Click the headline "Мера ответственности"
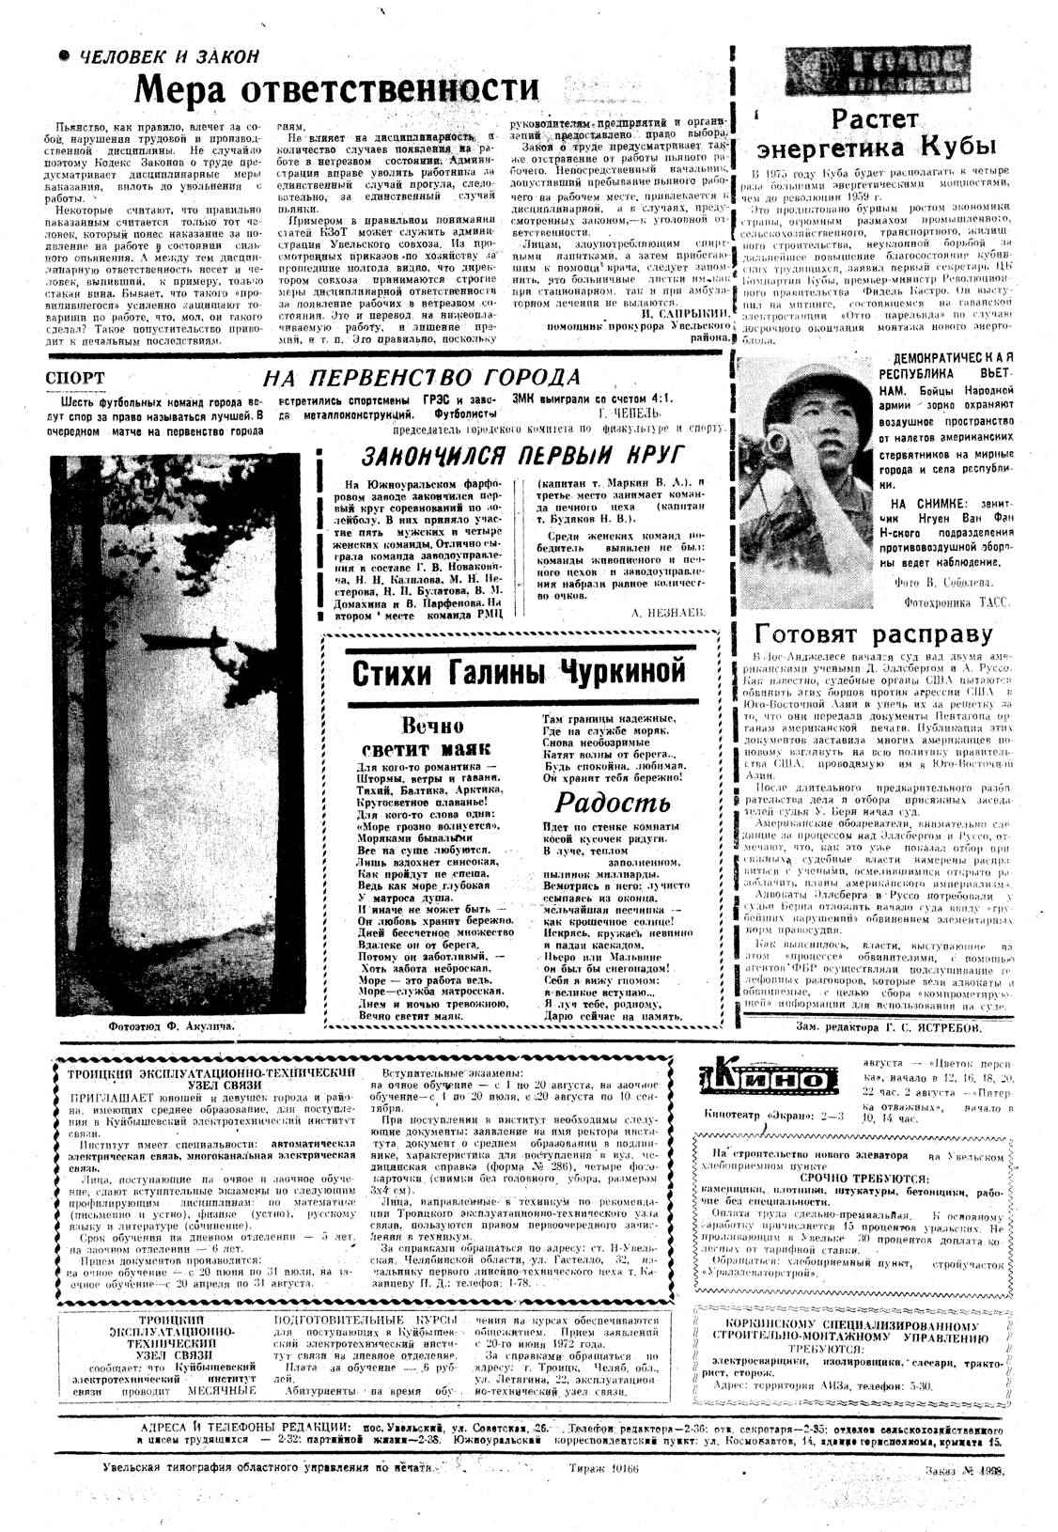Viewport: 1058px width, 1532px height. tap(337, 90)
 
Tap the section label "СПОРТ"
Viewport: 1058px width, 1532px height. tap(74, 379)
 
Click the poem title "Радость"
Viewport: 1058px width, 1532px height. tap(612, 802)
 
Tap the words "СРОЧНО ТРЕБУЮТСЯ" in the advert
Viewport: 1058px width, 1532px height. tap(865, 1178)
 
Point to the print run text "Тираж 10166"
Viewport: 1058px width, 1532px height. tap(603, 1468)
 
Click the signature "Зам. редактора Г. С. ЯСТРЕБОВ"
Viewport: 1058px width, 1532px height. tap(889, 1028)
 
